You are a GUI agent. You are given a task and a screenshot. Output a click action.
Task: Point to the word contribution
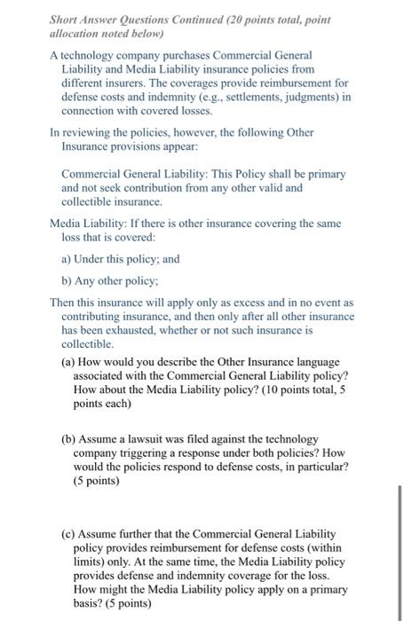click(166, 188)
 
